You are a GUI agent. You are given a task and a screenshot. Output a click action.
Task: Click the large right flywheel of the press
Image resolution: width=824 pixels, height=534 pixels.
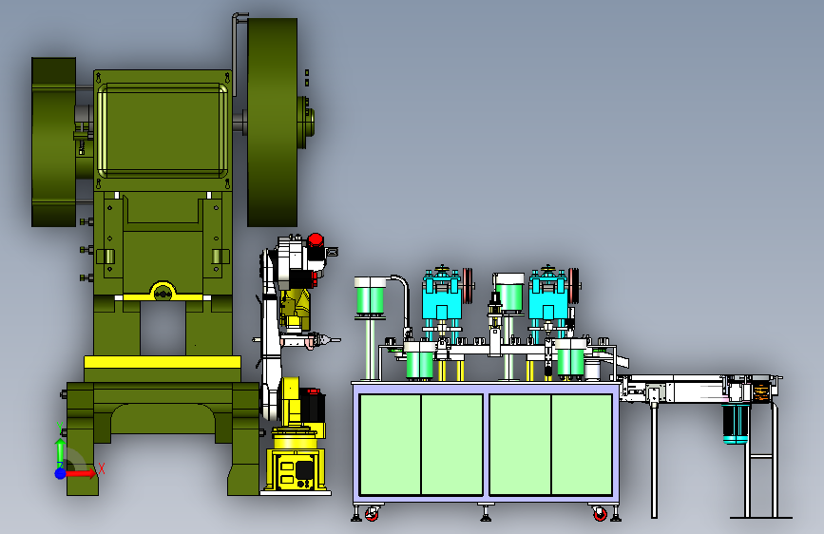pos(272,123)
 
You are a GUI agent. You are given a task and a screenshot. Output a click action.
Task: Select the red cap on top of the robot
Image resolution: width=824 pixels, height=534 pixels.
pos(316,240)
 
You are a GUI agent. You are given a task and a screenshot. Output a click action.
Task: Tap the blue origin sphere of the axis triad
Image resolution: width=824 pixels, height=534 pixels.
pos(61,473)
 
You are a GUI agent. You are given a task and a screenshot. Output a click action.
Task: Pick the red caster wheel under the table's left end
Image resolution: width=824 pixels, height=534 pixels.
pos(372,513)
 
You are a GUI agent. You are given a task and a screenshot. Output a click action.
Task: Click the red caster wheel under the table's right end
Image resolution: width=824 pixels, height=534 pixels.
pos(600,513)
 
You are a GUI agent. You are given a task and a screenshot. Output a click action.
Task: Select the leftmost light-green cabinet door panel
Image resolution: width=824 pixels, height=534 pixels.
pos(391,444)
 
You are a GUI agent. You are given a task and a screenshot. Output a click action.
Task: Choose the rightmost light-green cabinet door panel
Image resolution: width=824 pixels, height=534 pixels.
pos(582,444)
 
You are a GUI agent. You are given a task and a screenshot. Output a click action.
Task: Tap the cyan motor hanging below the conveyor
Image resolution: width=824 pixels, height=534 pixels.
pos(736,424)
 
